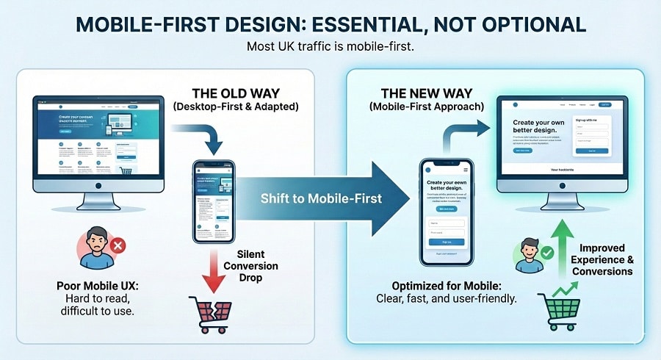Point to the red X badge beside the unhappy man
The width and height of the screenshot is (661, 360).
coord(115,245)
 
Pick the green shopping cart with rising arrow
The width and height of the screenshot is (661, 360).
coord(558,309)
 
